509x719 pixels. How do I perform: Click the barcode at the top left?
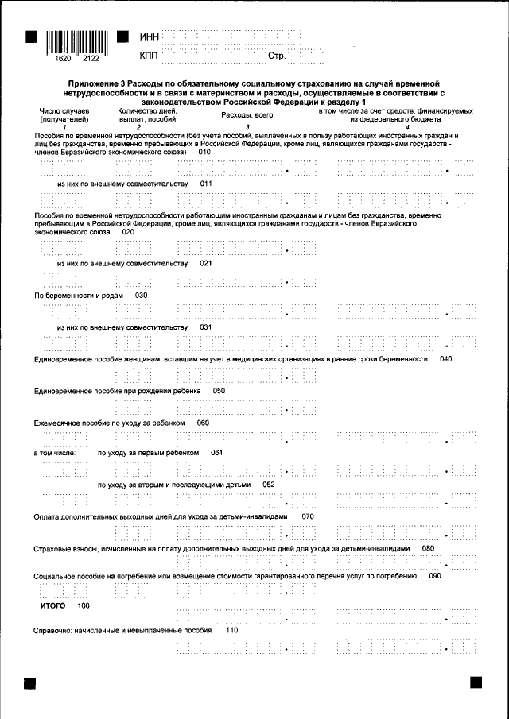77,41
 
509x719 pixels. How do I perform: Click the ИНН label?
150,37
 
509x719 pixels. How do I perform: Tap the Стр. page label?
277,56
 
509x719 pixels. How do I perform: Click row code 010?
204,153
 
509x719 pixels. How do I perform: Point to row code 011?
207,184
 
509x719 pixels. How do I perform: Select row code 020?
128,232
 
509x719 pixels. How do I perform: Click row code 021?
207,263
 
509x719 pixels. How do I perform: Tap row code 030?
142,295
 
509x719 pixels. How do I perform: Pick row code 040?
445,359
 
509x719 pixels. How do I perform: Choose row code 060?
203,423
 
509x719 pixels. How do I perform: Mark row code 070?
309,516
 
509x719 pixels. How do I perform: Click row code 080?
428,548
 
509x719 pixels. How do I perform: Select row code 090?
434,576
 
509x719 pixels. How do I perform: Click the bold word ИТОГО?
53,605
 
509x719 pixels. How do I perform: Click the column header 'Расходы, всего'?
247,116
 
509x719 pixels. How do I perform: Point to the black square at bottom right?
477,683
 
